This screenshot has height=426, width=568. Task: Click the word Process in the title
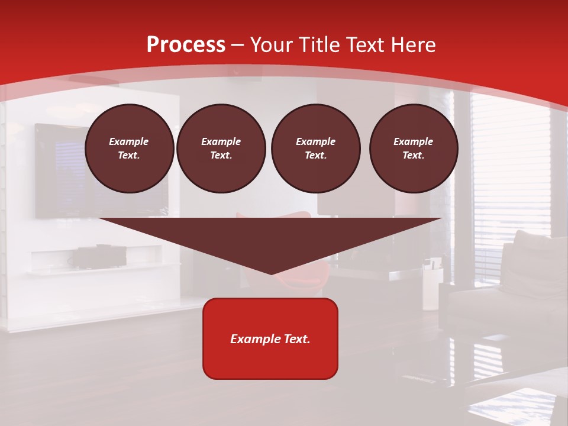(x=186, y=45)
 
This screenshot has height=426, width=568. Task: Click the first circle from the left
(x=129, y=149)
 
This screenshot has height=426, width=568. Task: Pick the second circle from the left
(x=221, y=149)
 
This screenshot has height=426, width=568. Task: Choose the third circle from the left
(x=315, y=149)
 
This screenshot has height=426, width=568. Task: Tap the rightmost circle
(x=414, y=149)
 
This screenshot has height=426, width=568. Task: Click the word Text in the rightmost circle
(x=413, y=156)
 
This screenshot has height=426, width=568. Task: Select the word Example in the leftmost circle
(x=129, y=141)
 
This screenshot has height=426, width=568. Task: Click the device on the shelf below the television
(x=98, y=257)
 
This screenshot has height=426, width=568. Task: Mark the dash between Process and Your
(x=238, y=45)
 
